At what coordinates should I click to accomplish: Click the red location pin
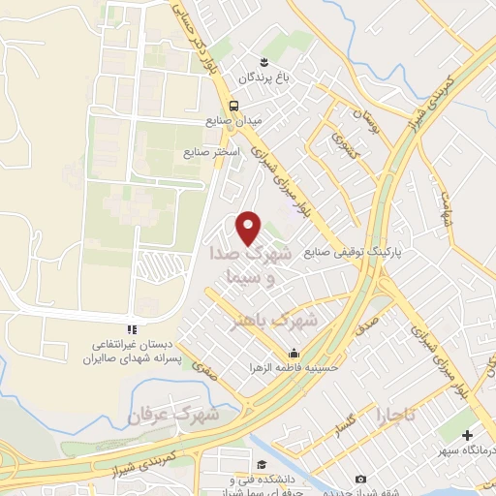[x=249, y=228]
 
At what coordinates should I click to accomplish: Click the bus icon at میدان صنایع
[x=232, y=107]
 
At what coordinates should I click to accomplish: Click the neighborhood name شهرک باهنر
[x=282, y=319]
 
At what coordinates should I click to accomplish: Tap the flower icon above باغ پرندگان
[x=252, y=62]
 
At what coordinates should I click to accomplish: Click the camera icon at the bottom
[x=360, y=480]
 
